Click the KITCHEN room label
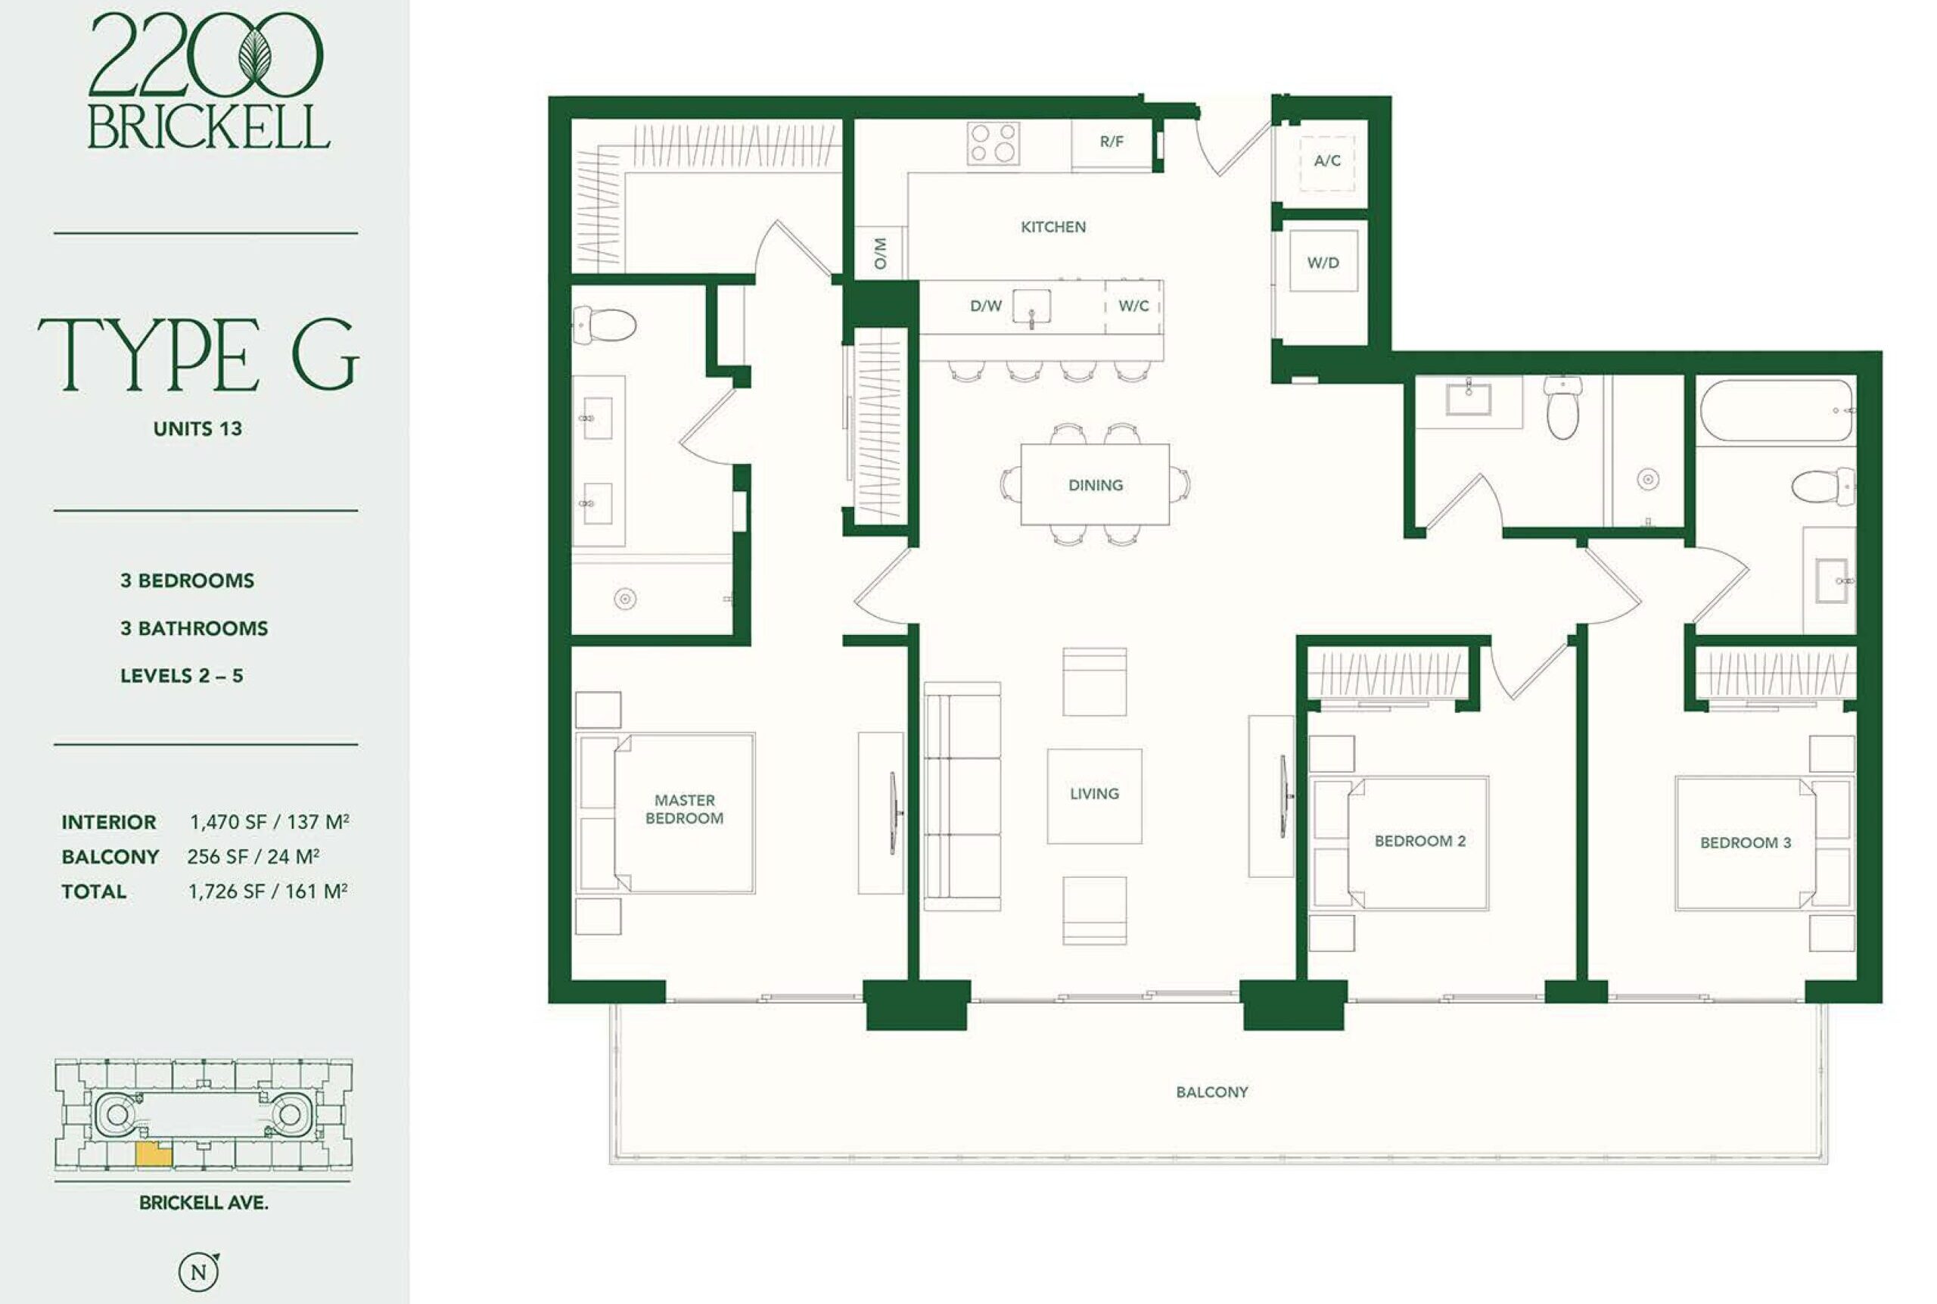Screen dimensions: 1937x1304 (x=1052, y=227)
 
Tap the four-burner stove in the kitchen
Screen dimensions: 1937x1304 (x=993, y=143)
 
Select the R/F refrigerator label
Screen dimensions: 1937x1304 (x=1112, y=142)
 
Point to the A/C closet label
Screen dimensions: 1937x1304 (x=1327, y=160)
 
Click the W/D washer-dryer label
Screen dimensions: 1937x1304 (x=1323, y=263)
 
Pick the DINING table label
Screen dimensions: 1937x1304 (x=1095, y=485)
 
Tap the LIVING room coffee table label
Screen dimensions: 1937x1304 (x=1094, y=793)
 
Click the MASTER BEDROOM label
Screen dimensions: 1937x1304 (x=684, y=809)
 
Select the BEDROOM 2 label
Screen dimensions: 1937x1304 (x=1420, y=841)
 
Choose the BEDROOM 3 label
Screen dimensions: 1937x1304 (x=1745, y=842)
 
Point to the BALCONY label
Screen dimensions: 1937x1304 (x=1211, y=1092)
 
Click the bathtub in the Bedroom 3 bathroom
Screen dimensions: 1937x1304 (x=1776, y=411)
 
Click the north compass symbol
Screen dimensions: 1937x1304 (x=200, y=1271)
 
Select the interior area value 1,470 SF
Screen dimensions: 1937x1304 (x=229, y=823)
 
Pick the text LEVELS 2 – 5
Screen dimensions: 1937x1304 (x=182, y=675)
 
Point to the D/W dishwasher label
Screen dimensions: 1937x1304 (x=986, y=306)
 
